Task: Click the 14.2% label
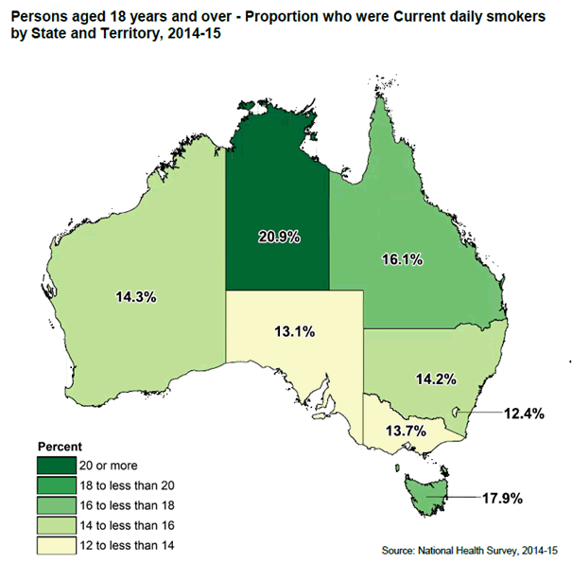click(436, 379)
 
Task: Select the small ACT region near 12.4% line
click(458, 413)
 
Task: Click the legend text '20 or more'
click(111, 466)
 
